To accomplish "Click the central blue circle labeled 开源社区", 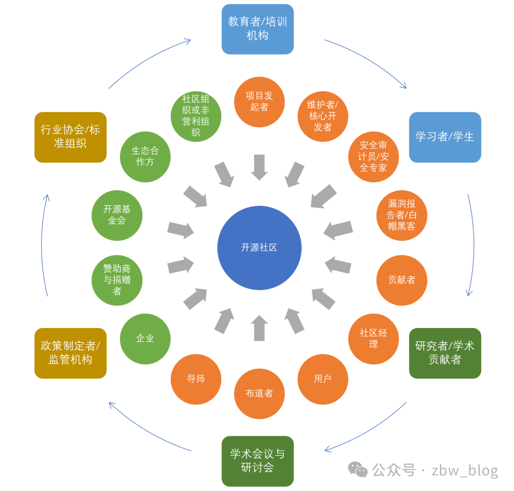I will [259, 248].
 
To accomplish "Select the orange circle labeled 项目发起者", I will [259, 102].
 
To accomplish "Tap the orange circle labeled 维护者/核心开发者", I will [323, 116].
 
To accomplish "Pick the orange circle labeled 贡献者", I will [402, 280].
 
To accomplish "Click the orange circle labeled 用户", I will [323, 379].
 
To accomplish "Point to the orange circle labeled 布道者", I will [259, 394].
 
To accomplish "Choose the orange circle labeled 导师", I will [196, 379].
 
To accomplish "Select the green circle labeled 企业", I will [145, 338].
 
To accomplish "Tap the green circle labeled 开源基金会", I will [117, 215].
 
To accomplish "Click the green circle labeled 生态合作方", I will [145, 156].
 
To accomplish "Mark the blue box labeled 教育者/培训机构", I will [257, 29].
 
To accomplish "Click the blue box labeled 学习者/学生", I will [445, 137].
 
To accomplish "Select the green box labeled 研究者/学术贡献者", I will [445, 353].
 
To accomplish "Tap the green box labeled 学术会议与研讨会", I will [257, 461].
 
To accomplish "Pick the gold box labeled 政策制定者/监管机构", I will [70, 353].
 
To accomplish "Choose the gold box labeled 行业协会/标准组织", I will [70, 137].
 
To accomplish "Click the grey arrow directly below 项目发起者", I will [259, 167].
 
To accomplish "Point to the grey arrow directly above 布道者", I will [259, 328].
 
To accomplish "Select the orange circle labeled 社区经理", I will [374, 338].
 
